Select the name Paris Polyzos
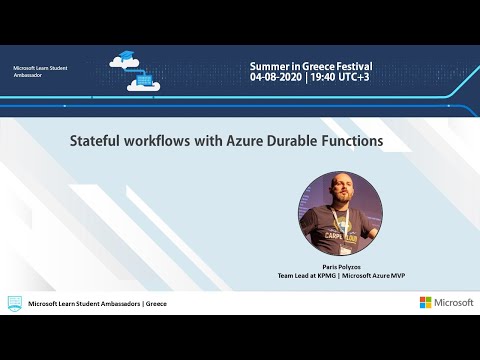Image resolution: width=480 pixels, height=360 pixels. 340,267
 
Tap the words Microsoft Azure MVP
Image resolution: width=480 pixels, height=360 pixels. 372,275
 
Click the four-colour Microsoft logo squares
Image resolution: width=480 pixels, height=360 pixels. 425,302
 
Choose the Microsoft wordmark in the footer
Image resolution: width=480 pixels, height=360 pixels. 453,302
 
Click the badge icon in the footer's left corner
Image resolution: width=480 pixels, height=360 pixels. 14,302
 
